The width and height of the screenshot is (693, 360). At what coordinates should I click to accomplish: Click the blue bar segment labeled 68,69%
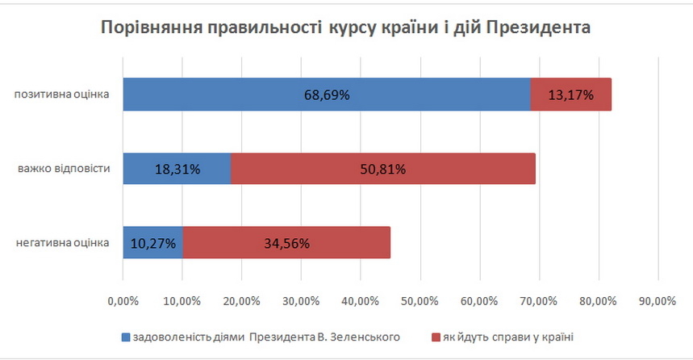point(327,95)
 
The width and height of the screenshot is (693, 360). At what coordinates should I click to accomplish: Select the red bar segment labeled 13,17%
point(571,95)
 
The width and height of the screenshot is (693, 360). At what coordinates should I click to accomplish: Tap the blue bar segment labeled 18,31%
point(177,169)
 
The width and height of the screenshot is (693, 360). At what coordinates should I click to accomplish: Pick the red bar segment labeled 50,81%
point(383,169)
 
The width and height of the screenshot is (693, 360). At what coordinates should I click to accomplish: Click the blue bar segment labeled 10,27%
point(153,242)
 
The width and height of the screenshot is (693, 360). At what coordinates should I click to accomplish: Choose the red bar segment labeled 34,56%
point(286,242)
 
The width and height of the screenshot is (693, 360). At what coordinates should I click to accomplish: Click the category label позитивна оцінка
point(62,95)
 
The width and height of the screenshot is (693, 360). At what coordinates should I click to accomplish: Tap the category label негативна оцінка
point(62,242)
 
